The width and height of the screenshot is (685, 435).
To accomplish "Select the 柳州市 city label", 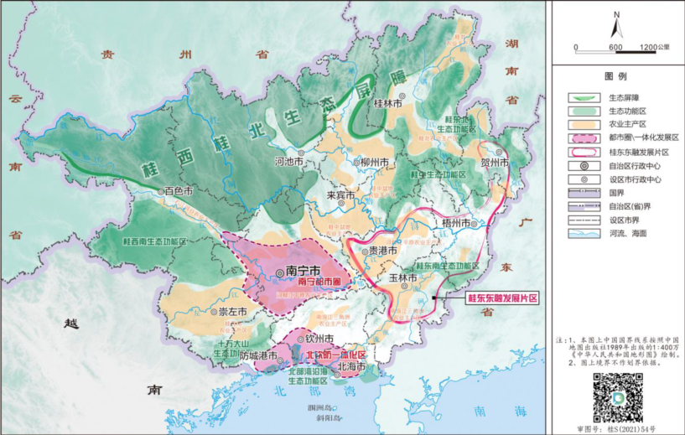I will (x=374, y=162).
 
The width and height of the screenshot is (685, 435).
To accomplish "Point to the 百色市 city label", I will (x=179, y=191).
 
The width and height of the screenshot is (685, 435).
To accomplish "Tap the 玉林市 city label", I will (x=402, y=277).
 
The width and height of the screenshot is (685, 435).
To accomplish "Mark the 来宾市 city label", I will (x=342, y=196).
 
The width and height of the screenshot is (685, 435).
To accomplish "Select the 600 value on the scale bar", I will (x=615, y=47).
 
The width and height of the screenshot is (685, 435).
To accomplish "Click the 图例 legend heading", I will (x=616, y=75).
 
